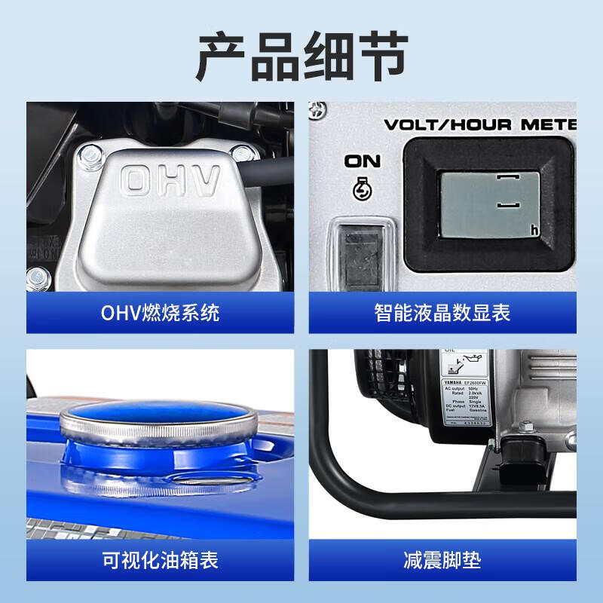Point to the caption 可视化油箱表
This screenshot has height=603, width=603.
point(161,560)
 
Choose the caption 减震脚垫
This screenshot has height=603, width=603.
point(442,560)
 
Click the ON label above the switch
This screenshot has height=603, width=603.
point(363,161)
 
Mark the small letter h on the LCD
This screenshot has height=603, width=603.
point(534,229)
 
